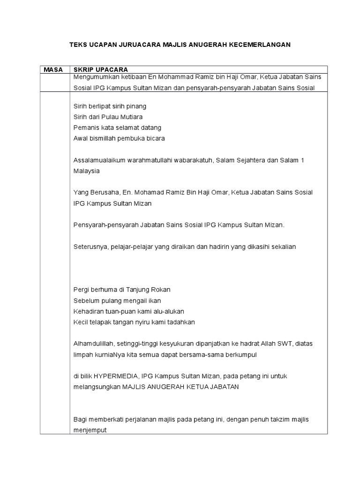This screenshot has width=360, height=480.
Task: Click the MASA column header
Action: [53, 69]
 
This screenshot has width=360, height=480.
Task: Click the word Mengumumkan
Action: [95, 77]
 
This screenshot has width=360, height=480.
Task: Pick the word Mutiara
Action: [131, 117]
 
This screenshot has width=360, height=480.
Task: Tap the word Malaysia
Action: [87, 171]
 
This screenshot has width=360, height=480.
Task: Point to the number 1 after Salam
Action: [302, 160]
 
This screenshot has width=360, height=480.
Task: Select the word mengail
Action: [134, 300]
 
